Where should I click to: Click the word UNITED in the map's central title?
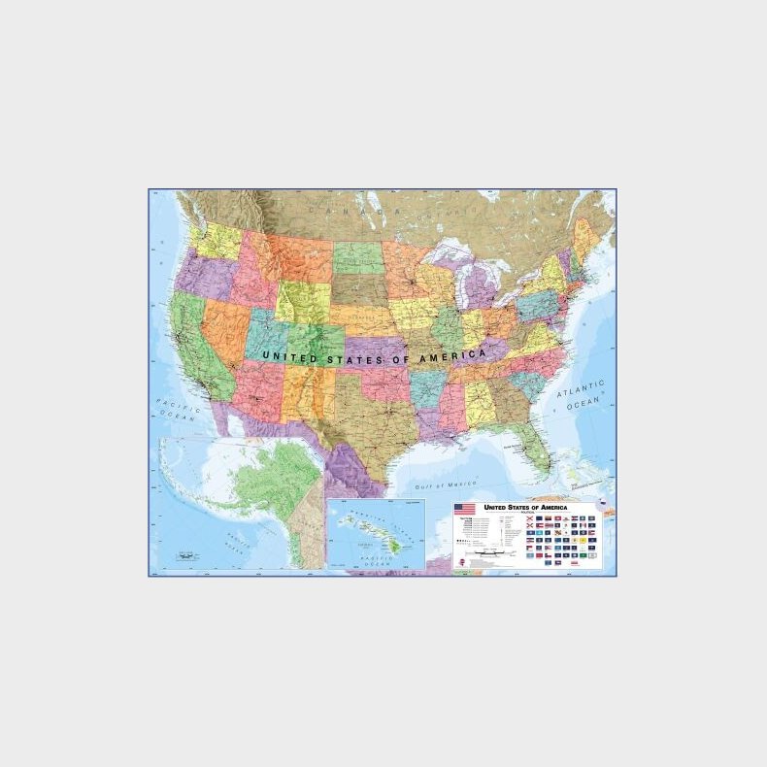(x=292, y=357)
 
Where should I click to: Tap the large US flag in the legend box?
(x=465, y=509)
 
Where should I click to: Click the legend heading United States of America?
(x=525, y=507)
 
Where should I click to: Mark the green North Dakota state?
(x=358, y=257)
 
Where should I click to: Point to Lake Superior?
(x=452, y=254)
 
